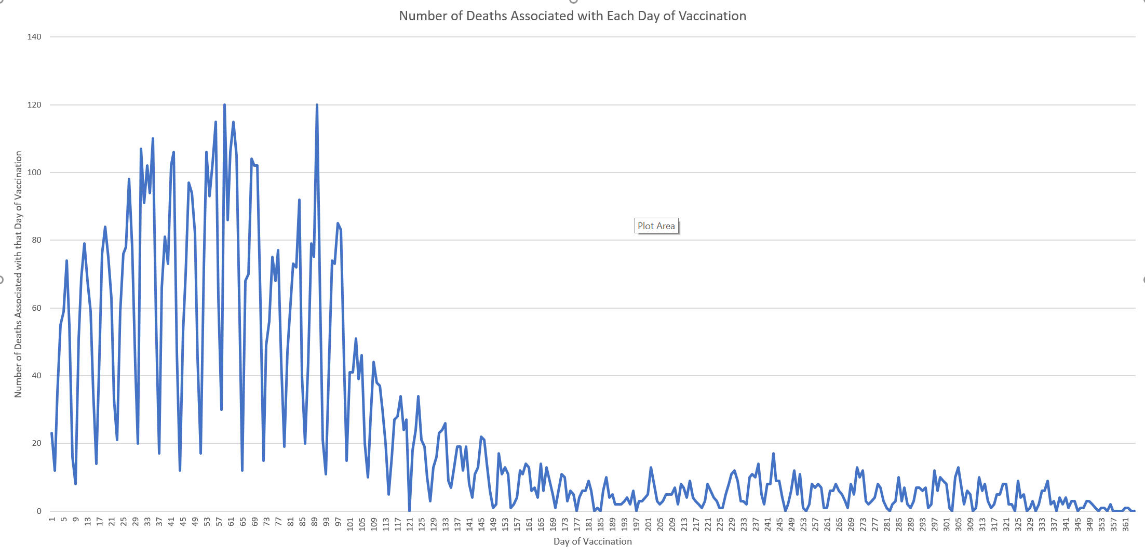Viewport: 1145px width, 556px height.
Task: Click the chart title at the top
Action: click(572, 16)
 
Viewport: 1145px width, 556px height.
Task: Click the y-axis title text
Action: click(19, 274)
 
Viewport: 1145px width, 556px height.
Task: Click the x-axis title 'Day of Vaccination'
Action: click(592, 541)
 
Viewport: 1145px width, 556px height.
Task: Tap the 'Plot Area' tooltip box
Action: click(656, 226)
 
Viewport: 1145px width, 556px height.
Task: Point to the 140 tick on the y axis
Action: click(34, 37)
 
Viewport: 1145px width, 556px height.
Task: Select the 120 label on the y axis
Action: click(34, 105)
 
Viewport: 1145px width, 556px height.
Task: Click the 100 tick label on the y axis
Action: click(34, 173)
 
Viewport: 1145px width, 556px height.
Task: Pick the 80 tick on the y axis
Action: click(36, 240)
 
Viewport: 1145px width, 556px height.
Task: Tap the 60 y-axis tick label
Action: click(36, 308)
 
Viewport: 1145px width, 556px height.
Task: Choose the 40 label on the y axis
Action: click(36, 376)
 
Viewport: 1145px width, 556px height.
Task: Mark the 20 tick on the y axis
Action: click(36, 443)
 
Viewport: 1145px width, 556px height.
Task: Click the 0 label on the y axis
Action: click(39, 511)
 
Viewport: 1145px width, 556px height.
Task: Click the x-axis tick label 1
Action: click(52, 519)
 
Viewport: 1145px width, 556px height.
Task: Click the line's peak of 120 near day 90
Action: click(317, 105)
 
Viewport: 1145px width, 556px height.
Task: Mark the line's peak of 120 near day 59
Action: click(224, 105)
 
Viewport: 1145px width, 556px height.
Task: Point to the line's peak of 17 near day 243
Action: click(773, 454)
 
